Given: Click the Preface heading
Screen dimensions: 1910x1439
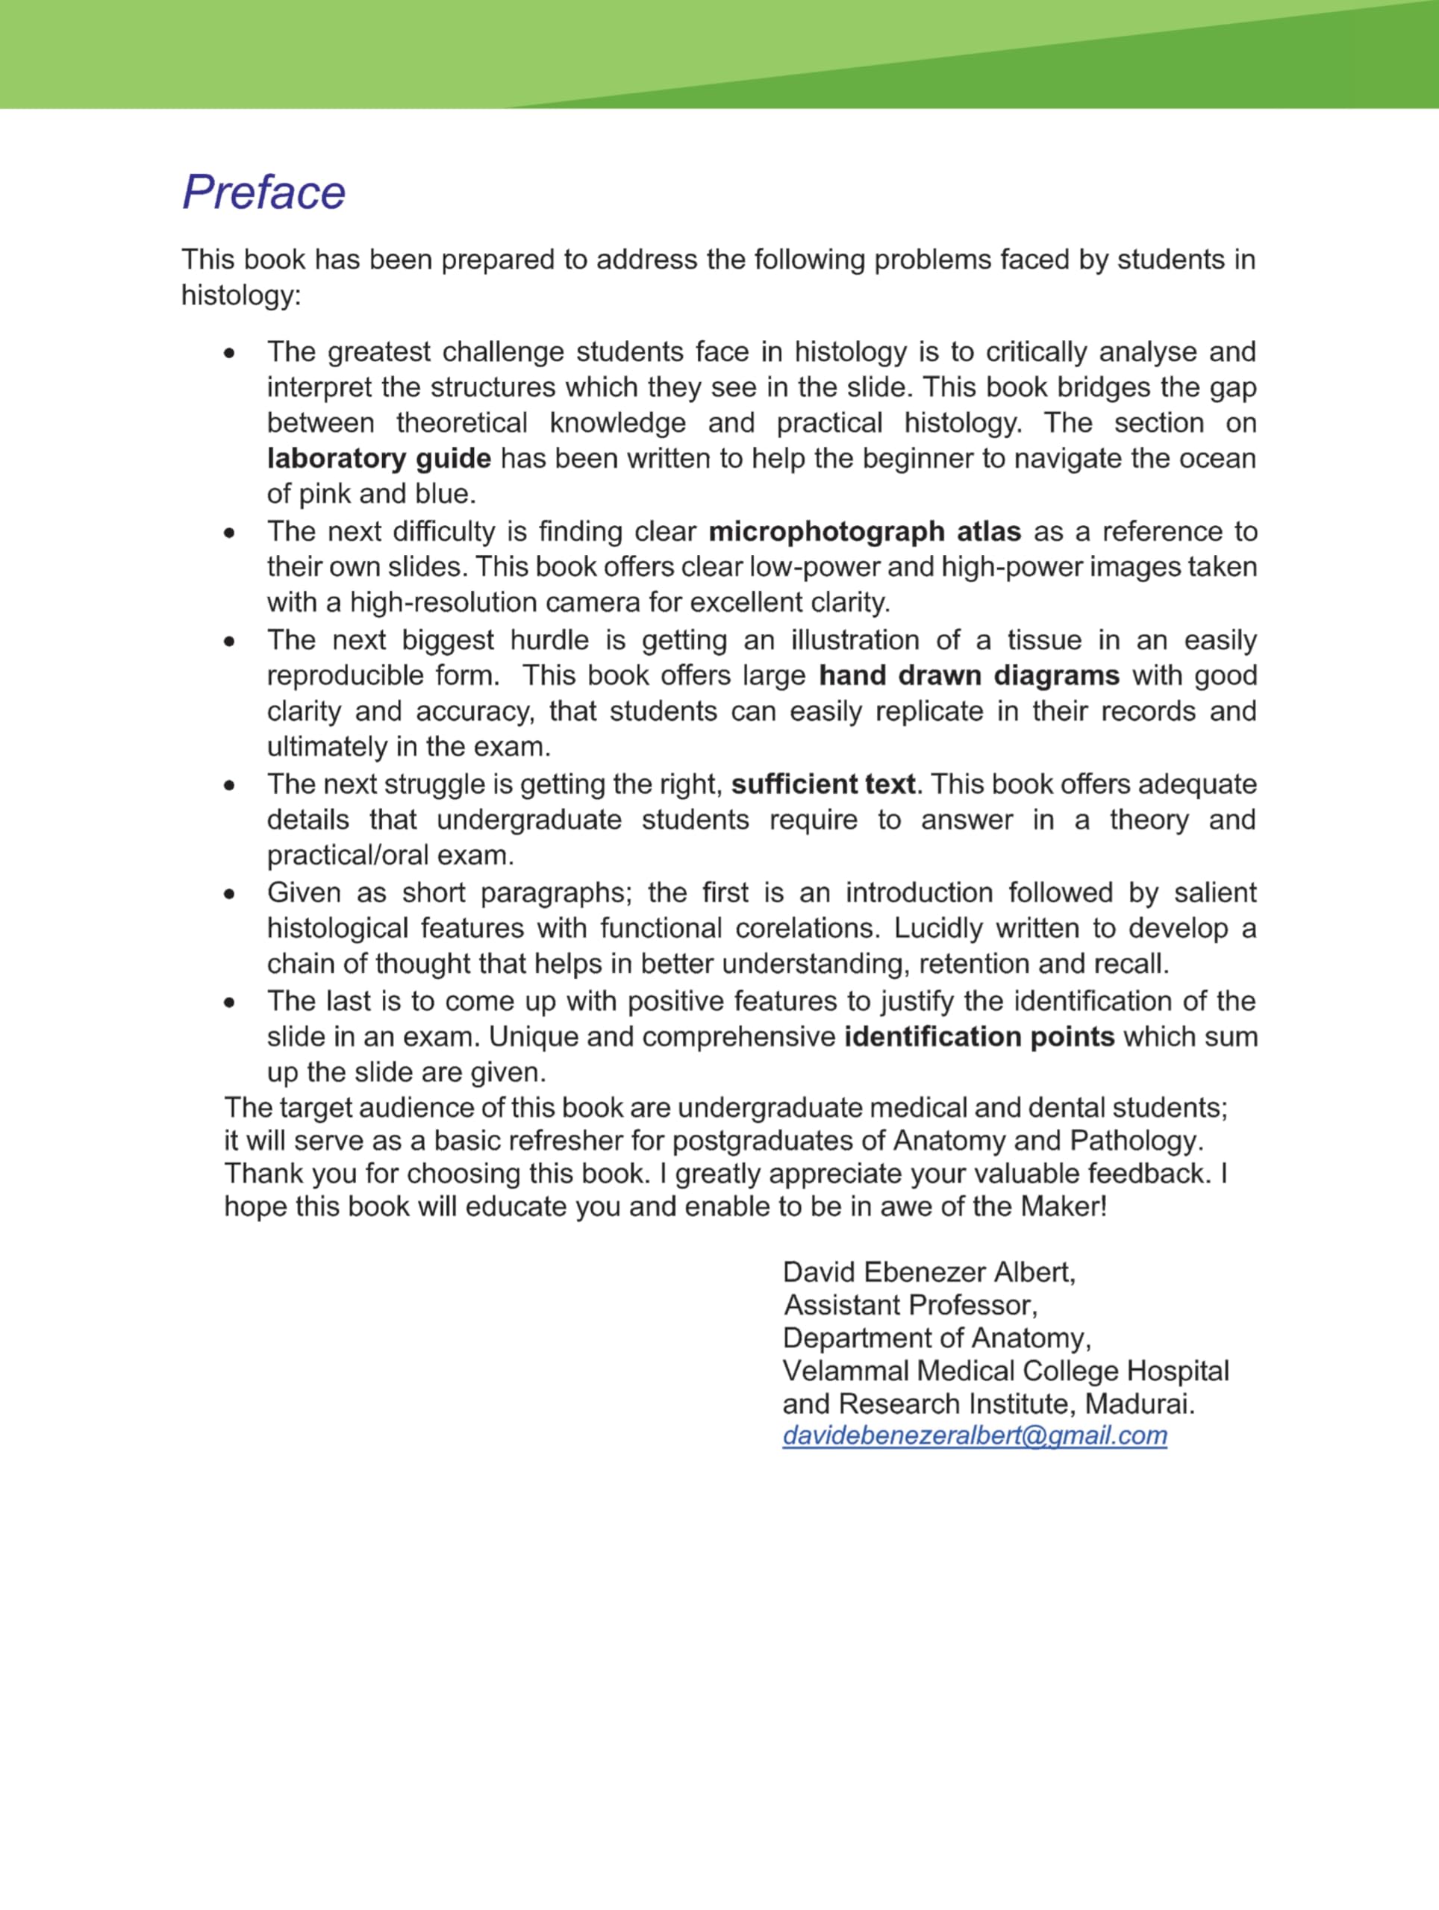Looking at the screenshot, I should tap(263, 192).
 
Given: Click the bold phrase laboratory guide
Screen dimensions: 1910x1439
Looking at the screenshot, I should tap(378, 459).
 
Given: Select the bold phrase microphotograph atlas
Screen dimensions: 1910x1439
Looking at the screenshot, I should tap(864, 531).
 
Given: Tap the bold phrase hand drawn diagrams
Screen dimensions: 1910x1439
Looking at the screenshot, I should tap(969, 675).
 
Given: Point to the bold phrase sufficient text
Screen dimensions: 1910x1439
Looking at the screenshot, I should tap(823, 784).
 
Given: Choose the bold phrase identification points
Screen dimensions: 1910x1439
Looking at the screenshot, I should tap(979, 1036).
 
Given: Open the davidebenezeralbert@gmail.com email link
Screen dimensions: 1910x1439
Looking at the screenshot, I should tap(974, 1435).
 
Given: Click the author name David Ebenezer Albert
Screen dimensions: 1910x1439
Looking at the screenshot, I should tap(928, 1272).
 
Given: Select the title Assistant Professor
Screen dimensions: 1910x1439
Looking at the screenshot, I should tap(911, 1305).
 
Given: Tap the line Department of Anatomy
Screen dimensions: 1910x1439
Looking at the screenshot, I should tap(936, 1338).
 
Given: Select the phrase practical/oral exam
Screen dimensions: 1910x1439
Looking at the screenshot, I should tap(390, 856).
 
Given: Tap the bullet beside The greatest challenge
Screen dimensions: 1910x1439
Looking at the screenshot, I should tap(229, 353).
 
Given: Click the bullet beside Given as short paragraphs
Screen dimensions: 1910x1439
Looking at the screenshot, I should tap(229, 894).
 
